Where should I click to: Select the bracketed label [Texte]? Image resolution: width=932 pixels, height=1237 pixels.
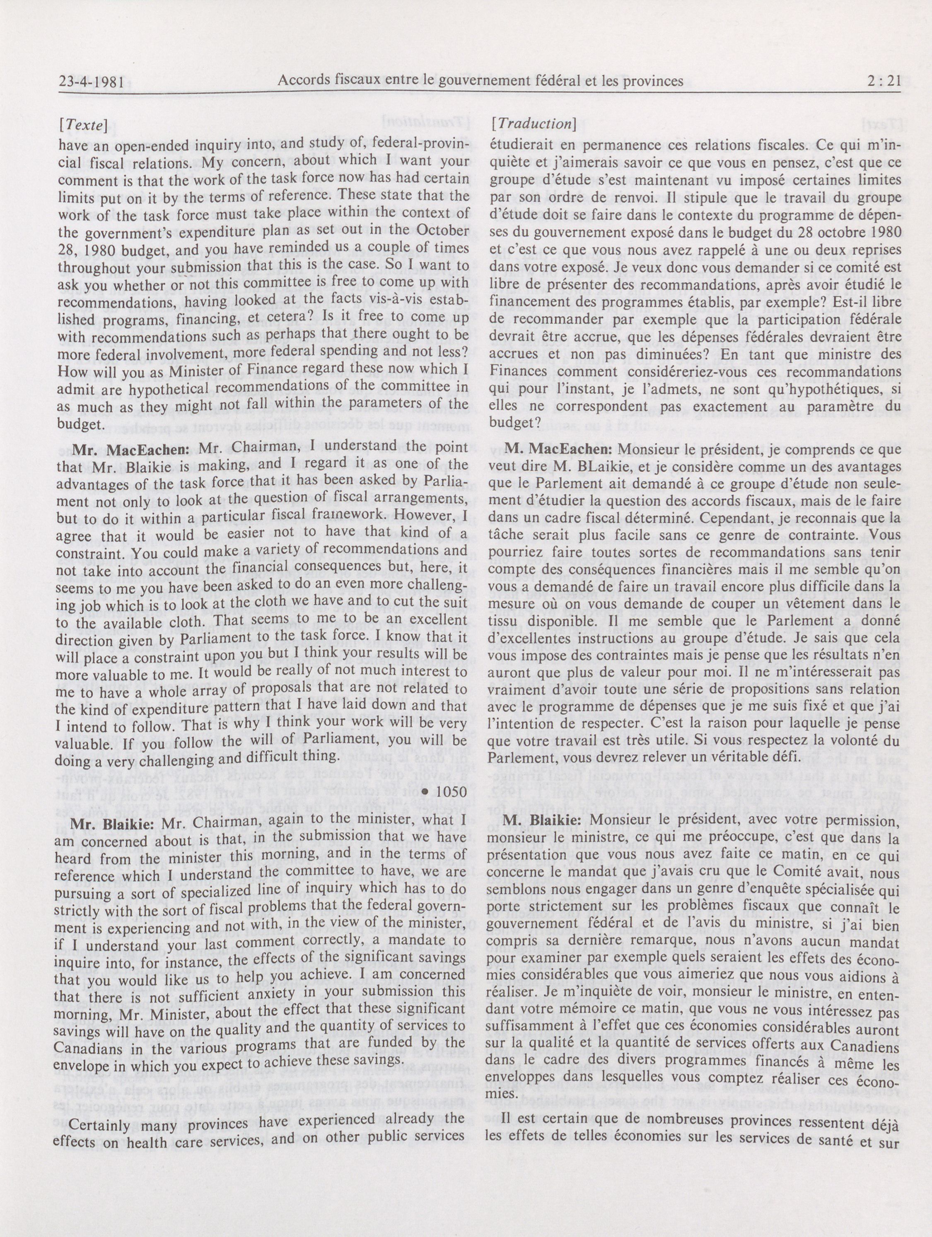(86, 126)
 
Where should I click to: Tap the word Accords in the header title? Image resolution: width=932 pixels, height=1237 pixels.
(303, 82)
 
